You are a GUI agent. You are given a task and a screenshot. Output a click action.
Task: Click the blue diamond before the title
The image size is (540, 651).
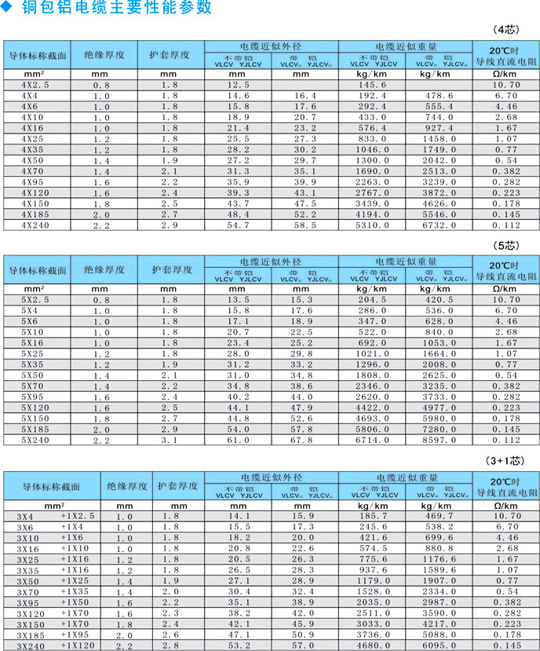[x=10, y=8]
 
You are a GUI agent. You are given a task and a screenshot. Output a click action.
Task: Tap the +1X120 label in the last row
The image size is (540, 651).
[x=78, y=646]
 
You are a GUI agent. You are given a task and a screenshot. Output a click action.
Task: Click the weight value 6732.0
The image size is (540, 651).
[x=439, y=225]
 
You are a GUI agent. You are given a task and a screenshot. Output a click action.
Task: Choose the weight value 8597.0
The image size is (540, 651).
[x=439, y=441]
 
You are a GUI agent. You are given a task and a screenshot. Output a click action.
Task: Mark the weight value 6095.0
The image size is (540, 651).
[x=439, y=646]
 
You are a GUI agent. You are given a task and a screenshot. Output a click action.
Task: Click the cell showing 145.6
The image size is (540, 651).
[x=373, y=84]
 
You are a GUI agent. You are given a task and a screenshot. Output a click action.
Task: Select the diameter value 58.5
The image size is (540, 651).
[x=305, y=225]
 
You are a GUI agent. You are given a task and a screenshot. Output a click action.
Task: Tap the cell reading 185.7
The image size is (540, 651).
[x=373, y=515]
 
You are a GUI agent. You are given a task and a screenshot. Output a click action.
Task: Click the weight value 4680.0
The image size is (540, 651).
[x=373, y=646]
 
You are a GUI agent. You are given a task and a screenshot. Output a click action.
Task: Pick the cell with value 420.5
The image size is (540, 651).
[x=439, y=299]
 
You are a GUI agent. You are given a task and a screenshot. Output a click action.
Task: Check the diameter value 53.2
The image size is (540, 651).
[x=239, y=646]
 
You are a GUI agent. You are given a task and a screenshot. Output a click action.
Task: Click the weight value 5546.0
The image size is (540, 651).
[x=439, y=214]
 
